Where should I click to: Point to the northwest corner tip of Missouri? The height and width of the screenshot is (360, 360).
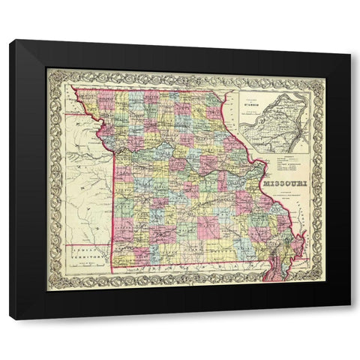(73, 88)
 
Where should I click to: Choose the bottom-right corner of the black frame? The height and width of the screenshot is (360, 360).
(349, 319)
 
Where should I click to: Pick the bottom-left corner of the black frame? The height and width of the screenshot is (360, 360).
(10, 319)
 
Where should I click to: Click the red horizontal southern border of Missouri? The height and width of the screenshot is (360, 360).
(187, 268)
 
